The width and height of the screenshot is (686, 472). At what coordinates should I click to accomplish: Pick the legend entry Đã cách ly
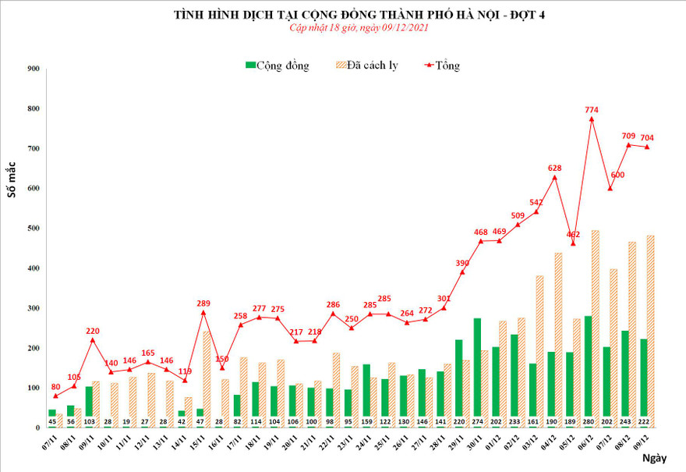367,66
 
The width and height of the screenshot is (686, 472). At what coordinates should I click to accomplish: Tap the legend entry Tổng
440,66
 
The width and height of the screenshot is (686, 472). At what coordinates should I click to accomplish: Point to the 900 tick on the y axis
33,69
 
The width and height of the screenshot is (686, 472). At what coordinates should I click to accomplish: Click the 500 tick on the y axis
33,228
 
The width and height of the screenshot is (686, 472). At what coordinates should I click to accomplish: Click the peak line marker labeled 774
592,119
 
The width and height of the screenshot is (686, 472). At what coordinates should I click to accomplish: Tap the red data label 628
555,168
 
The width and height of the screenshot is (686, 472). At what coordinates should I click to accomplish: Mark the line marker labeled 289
204,312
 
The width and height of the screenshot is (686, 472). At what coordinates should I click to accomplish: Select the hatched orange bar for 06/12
596,328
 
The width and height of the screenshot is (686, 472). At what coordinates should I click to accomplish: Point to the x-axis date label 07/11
50,448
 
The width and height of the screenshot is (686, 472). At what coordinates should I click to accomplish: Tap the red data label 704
647,138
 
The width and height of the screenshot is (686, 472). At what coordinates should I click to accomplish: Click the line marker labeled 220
94,339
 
